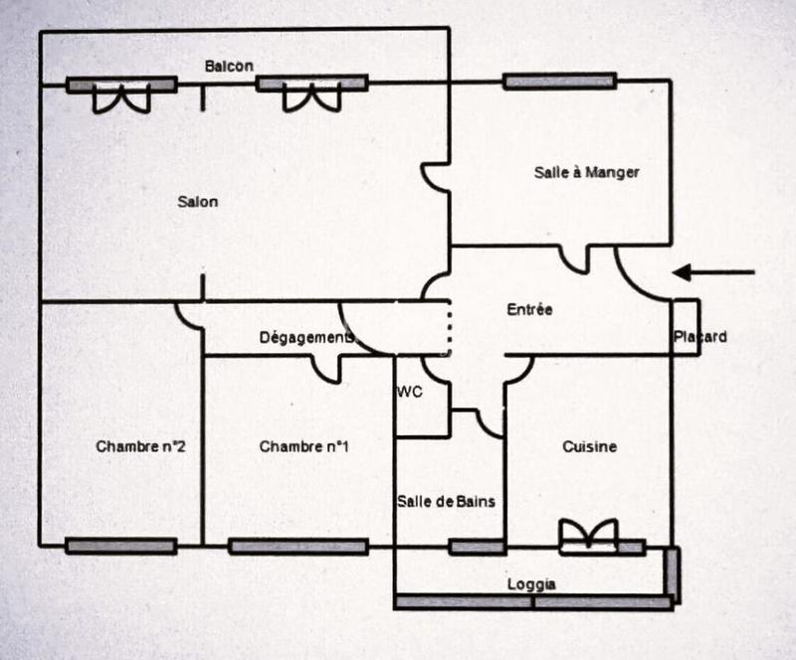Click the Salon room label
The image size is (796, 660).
pyautogui.click(x=197, y=202)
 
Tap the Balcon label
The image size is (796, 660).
pyautogui.click(x=229, y=66)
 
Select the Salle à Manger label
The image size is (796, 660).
pyautogui.click(x=586, y=172)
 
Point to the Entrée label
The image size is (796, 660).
pyautogui.click(x=529, y=309)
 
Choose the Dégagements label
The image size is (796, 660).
pyautogui.click(x=306, y=337)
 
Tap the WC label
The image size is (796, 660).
pyautogui.click(x=410, y=392)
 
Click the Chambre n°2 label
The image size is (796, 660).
pyautogui.click(x=140, y=446)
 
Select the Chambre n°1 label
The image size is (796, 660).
pyautogui.click(x=303, y=446)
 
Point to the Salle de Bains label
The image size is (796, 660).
pyautogui.click(x=446, y=501)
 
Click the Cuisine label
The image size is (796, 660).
pyautogui.click(x=589, y=446)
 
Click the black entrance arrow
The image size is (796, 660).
pyautogui.click(x=713, y=272)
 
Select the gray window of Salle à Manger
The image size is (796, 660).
pyautogui.click(x=559, y=82)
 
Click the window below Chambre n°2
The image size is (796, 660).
pyautogui.click(x=120, y=546)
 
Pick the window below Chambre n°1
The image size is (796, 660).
pyautogui.click(x=298, y=546)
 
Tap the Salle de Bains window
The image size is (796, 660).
pyautogui.click(x=477, y=547)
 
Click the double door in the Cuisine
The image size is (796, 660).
pyautogui.click(x=588, y=537)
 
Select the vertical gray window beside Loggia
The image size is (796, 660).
pyautogui.click(x=673, y=574)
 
